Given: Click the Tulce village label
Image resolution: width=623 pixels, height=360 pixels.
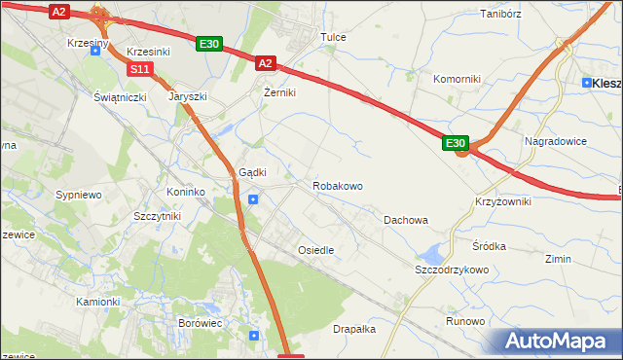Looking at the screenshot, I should [334, 37].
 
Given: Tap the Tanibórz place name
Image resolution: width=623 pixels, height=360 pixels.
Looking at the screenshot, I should [502, 15].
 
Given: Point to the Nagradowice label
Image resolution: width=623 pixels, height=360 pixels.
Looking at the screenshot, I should [555, 140].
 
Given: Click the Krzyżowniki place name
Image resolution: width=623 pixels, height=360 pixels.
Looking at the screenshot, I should [503, 199].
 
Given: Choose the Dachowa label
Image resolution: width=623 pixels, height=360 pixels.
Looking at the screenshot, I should [406, 220].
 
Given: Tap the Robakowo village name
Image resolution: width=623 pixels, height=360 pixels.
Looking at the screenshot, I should [337, 185].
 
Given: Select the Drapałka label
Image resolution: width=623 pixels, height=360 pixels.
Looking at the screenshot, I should [354, 329].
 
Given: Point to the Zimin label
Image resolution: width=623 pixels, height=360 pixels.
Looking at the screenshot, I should [559, 260].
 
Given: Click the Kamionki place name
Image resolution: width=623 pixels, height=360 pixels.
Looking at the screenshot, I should [97, 302].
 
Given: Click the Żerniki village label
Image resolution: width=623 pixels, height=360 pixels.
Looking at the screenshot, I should [279, 93].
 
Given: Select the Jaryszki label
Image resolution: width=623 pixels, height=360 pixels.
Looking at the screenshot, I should [187, 97].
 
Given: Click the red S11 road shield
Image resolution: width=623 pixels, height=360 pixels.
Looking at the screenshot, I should [140, 69].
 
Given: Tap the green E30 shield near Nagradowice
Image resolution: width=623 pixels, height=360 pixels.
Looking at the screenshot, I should [457, 143].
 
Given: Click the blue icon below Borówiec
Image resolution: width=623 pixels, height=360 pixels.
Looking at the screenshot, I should [254, 336].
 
